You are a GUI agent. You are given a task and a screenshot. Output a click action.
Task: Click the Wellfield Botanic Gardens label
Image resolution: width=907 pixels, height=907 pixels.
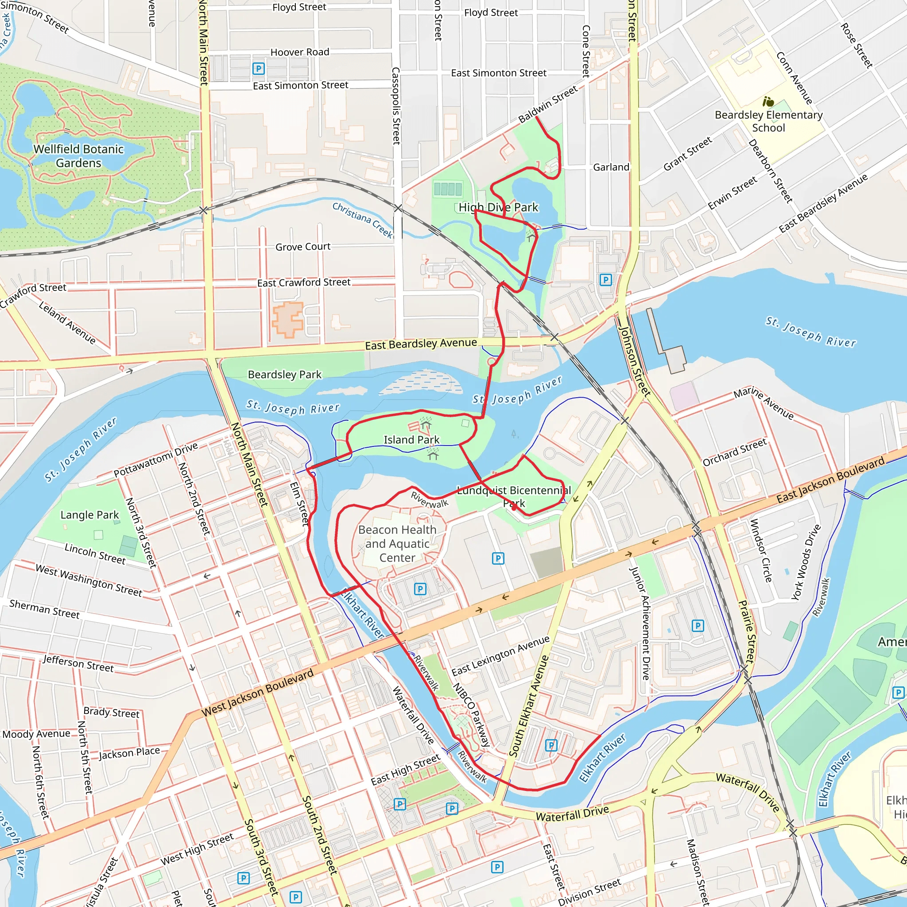pos(78,156)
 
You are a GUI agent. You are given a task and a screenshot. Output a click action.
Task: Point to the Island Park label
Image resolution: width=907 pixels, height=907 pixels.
pos(411,439)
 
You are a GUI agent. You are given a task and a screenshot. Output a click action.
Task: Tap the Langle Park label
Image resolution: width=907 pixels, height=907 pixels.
pos(89,515)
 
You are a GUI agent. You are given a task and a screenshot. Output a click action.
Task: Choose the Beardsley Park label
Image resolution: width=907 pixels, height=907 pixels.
pos(284,374)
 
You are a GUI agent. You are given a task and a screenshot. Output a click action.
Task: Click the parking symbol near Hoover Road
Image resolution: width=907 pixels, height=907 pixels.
pos(258,69)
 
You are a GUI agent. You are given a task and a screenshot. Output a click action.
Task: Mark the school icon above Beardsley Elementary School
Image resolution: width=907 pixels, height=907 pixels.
pos(768,101)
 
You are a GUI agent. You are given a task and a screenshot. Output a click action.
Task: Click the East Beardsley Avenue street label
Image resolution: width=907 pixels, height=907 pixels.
pos(421,344)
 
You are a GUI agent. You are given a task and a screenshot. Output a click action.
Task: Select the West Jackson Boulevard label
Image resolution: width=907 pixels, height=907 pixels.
pos(257,693)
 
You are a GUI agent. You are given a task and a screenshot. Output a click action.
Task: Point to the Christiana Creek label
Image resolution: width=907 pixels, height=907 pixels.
pos(362,219)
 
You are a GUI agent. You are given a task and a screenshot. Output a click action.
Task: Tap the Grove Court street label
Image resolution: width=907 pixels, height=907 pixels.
pos(303,247)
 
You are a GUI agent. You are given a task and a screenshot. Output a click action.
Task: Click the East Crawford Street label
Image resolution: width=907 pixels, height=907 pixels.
pos(304,282)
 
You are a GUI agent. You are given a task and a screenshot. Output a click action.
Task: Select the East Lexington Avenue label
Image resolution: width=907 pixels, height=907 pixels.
pos(500,655)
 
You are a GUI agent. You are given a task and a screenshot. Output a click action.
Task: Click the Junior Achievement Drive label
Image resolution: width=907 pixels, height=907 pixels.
pos(646,623)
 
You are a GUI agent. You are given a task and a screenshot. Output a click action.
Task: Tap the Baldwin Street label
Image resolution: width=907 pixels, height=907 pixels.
pos(548,104)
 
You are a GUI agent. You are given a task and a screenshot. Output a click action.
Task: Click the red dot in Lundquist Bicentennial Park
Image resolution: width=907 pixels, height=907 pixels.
pos(514,507)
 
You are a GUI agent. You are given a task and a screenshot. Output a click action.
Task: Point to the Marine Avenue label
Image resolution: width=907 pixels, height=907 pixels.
pos(764,403)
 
